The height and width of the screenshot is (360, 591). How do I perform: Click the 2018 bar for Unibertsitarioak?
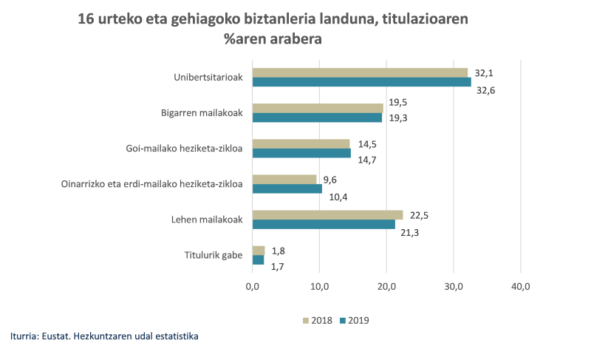pyautogui.click(x=360, y=72)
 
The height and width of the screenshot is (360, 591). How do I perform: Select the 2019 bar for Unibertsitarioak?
pyautogui.click(x=361, y=82)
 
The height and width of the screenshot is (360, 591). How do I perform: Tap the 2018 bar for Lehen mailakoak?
pyautogui.click(x=327, y=214)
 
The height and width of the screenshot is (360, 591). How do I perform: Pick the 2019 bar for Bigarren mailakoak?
pyautogui.click(x=317, y=118)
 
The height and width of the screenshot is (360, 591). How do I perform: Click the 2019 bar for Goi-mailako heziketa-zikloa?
pyautogui.click(x=301, y=153)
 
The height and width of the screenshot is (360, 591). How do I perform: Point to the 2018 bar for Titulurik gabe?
pyautogui.click(x=259, y=251)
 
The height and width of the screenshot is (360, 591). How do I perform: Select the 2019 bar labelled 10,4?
pyautogui.click(x=287, y=189)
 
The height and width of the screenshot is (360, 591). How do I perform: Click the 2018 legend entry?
pyautogui.click(x=319, y=320)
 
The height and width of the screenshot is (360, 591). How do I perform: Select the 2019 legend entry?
pyautogui.click(x=354, y=320)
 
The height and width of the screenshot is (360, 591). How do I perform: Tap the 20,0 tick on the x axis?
pyautogui.click(x=386, y=286)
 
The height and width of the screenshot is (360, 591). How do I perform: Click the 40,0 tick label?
pyautogui.click(x=520, y=286)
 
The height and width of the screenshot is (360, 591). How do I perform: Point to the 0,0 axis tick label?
pyautogui.click(x=253, y=286)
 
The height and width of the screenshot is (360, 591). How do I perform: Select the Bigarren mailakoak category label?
pyautogui.click(x=202, y=113)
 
